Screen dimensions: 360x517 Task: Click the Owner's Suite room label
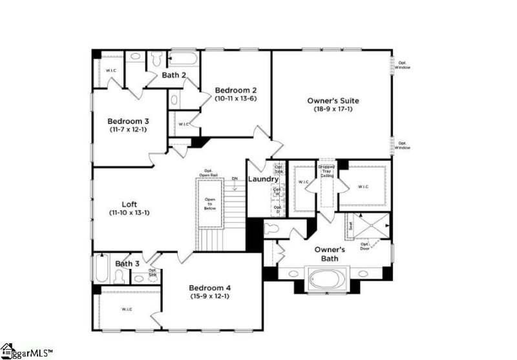tap(332, 101)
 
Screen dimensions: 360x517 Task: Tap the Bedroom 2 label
tap(236, 90)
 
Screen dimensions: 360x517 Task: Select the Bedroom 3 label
tap(128, 121)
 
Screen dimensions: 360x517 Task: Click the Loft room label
tap(129, 204)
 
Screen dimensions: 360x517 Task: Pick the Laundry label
tap(263, 178)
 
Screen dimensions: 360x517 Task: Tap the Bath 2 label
tap(174, 75)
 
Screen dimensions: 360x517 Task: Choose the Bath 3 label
tap(127, 264)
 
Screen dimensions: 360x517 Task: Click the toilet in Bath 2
tap(157, 59)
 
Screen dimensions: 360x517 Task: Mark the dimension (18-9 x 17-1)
tap(332, 110)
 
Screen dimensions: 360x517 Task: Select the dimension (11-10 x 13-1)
tap(129, 213)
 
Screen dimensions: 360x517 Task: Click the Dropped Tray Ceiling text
tap(326, 171)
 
